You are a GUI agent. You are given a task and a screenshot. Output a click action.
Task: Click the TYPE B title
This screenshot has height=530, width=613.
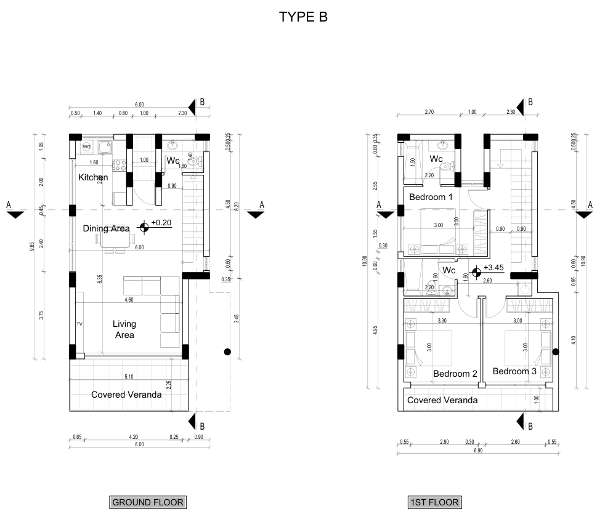(303, 17)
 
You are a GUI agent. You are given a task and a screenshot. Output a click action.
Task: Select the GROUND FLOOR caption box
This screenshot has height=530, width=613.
(147, 502)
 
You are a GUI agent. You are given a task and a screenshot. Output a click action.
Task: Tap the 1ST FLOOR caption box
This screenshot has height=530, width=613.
(434, 502)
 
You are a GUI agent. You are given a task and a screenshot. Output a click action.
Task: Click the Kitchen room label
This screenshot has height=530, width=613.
(93, 177)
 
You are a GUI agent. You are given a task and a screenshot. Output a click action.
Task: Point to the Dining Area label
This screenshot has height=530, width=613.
(106, 228)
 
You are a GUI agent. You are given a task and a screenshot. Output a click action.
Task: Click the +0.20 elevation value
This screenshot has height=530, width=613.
(161, 223)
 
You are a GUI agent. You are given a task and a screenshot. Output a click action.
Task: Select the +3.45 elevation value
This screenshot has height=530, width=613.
(494, 268)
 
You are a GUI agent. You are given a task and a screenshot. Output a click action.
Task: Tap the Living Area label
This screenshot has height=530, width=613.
(124, 329)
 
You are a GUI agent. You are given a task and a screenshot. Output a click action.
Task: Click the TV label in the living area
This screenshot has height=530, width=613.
(79, 324)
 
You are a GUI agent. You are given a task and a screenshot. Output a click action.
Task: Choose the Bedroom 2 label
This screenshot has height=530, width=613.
(455, 374)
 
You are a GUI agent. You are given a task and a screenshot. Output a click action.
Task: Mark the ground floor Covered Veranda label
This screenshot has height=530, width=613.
(126, 395)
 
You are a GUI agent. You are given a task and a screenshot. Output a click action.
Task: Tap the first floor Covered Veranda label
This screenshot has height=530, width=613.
(442, 400)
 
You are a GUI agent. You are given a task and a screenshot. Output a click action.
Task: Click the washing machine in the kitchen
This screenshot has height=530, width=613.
(86, 147)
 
